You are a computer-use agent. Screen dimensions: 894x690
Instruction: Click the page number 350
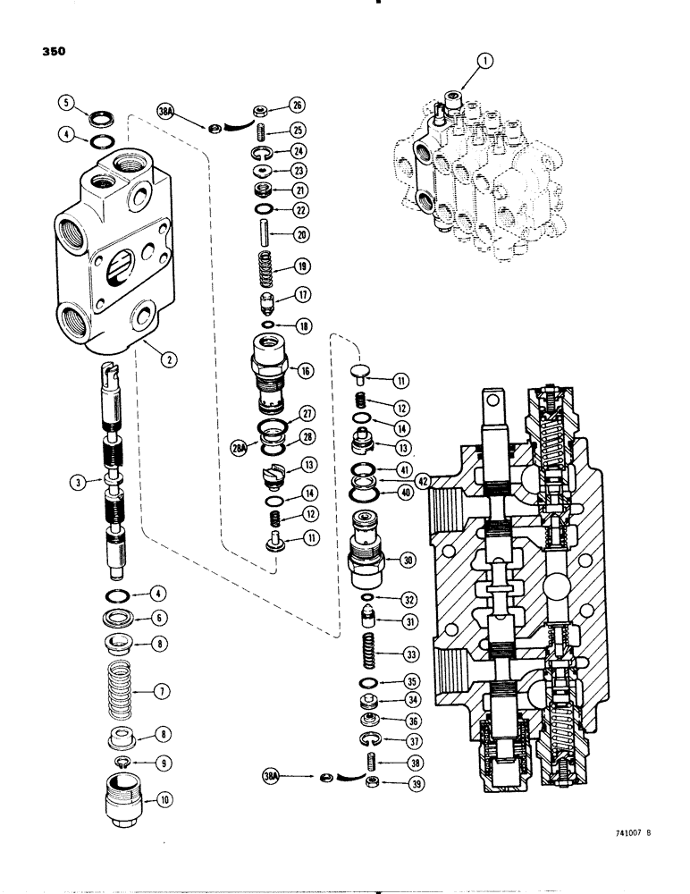pyautogui.click(x=55, y=51)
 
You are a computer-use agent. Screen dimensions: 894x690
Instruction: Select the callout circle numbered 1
pyautogui.click(x=484, y=61)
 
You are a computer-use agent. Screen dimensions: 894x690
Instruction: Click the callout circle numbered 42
pyautogui.click(x=423, y=480)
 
